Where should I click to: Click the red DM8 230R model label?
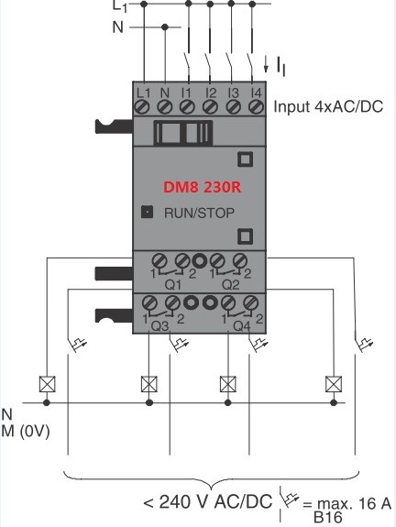click(x=203, y=187)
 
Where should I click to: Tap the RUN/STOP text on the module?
click(x=199, y=213)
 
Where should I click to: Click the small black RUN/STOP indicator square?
click(x=147, y=212)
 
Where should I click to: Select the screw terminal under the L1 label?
click(x=142, y=107)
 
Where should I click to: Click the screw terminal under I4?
click(x=256, y=107)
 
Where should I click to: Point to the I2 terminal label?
click(x=211, y=93)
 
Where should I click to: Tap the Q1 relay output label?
click(x=172, y=286)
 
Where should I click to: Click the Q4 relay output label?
click(x=242, y=325)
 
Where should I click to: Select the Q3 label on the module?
click(x=159, y=325)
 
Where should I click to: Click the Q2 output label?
click(x=231, y=286)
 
